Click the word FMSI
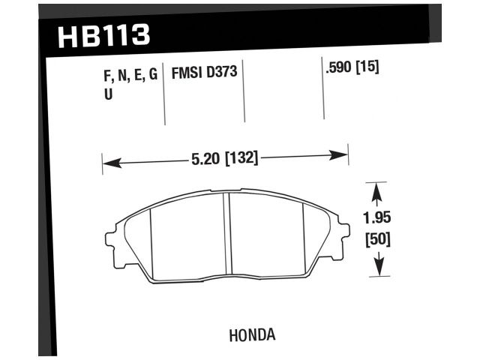pyautogui.click(x=187, y=75)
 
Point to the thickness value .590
pyautogui.click(x=340, y=68)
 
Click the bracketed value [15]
pyautogui.click(x=369, y=68)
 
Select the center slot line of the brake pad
pyautogui.click(x=227, y=236)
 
